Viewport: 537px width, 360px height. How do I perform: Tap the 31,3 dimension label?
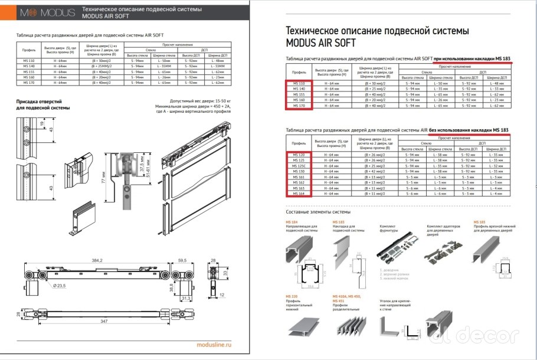(x=185, y=298)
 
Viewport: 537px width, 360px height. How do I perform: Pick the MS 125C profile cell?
(x=299, y=166)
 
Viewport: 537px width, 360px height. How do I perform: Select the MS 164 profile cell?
(x=299, y=193)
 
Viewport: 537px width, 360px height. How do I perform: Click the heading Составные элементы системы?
(x=318, y=211)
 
